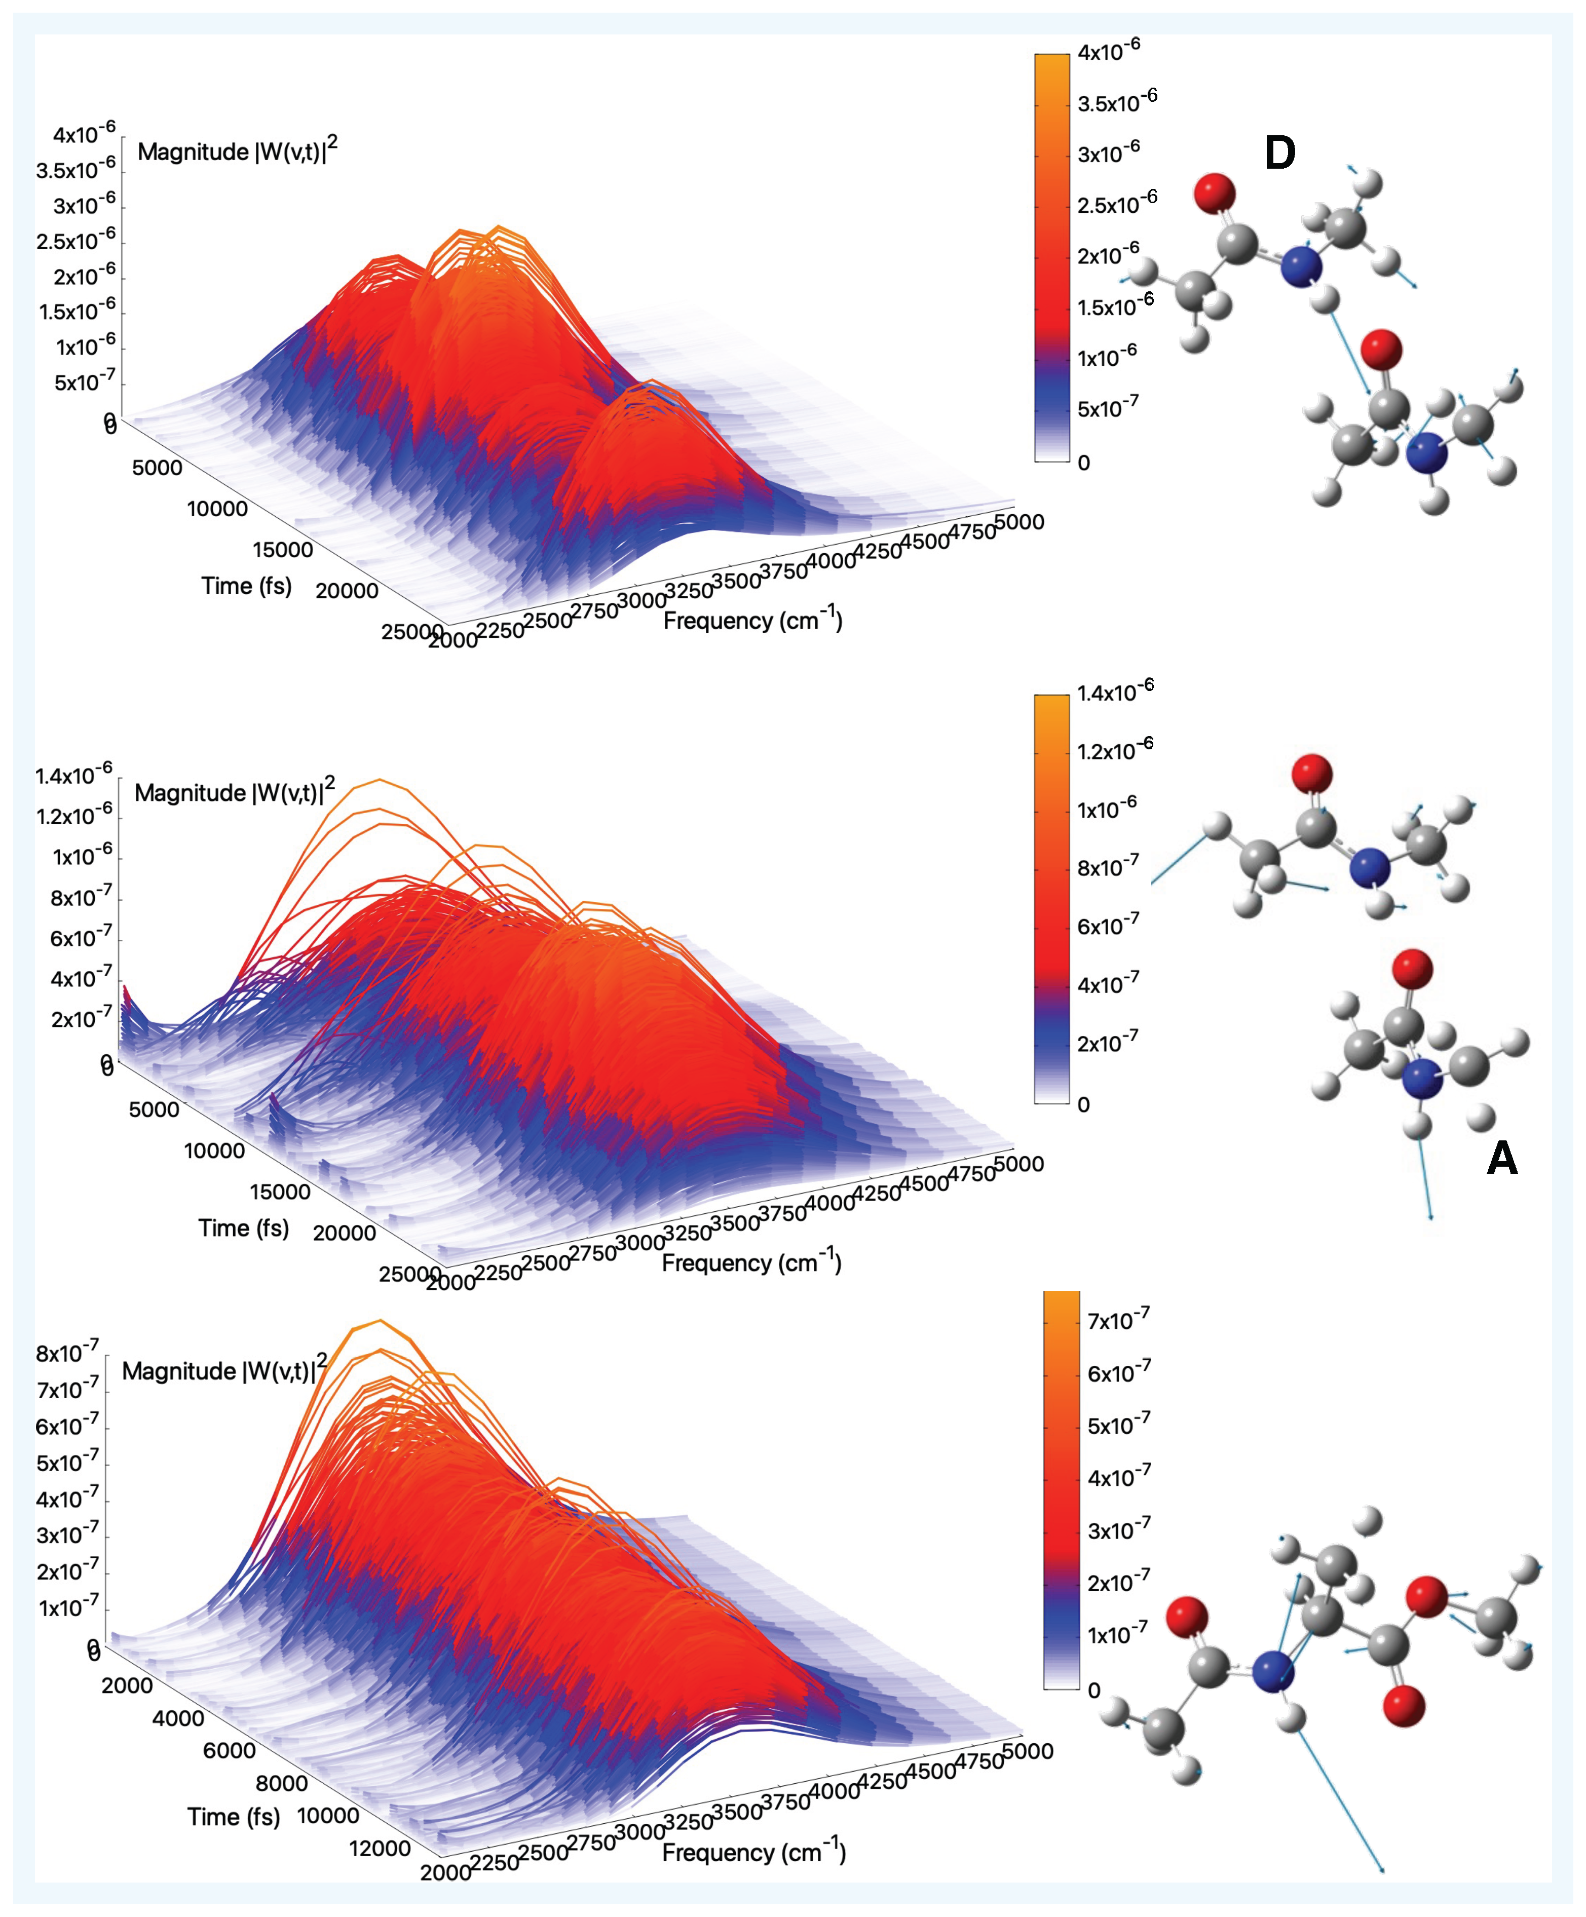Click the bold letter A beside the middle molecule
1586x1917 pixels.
point(1502,1159)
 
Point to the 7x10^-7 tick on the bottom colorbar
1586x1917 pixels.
point(1118,1320)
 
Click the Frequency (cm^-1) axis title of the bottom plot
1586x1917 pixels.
point(753,1851)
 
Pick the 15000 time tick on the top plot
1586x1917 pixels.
point(282,550)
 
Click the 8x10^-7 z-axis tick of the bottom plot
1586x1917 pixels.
point(67,1352)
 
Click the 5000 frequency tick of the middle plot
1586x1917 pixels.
point(1018,1164)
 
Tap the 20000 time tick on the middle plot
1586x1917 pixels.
point(344,1233)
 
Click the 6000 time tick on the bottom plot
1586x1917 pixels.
point(229,1750)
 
